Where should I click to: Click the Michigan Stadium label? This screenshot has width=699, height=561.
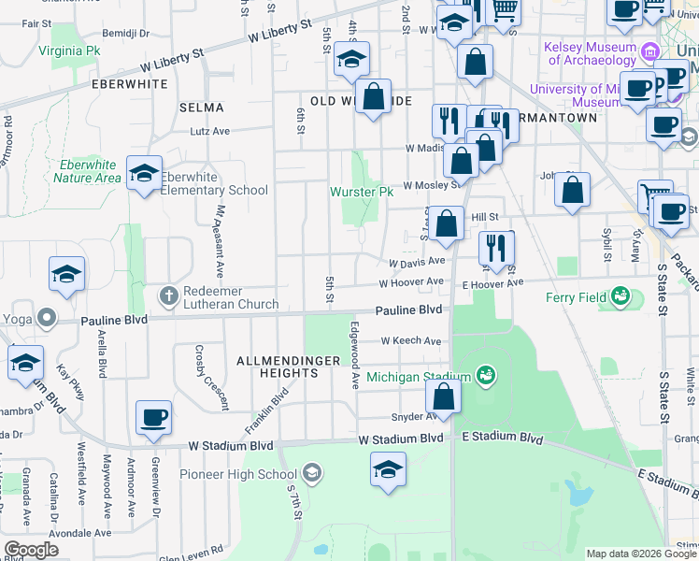point(418,377)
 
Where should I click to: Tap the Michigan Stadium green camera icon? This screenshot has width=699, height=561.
point(484,376)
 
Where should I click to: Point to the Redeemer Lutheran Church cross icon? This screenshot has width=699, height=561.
point(168,295)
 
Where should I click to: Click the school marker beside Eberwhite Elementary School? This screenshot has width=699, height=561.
point(144,174)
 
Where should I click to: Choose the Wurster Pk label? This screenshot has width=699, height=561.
point(362,192)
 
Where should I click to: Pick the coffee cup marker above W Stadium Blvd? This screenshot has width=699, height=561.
point(153,418)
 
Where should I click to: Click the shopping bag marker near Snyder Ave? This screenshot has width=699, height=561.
point(446,396)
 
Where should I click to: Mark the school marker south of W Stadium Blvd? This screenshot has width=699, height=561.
point(388,469)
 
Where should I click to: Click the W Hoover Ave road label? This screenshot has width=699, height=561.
point(411,281)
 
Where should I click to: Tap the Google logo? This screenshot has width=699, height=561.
point(31,550)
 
